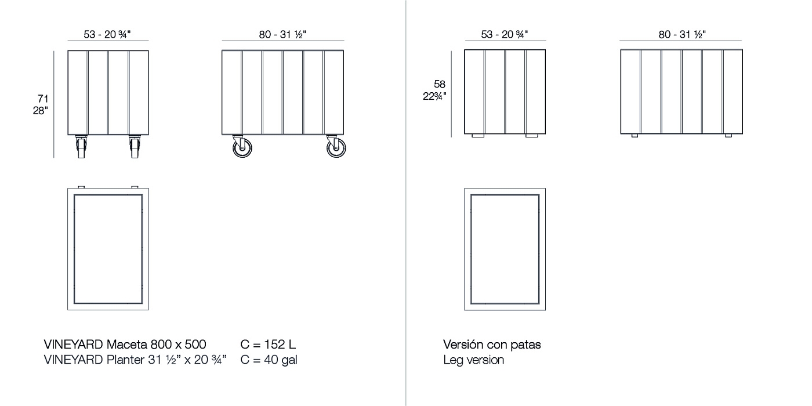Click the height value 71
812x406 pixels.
43,99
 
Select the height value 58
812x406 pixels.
440,85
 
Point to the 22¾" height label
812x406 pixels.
434,96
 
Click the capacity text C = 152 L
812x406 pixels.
268,345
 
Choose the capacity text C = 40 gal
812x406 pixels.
269,360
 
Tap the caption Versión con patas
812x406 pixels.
492,345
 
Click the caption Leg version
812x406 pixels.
473,360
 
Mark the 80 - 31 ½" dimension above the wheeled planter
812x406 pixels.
282,34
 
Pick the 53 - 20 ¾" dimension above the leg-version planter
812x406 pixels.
505,34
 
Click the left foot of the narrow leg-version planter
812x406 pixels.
478,136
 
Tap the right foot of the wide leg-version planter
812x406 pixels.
728,136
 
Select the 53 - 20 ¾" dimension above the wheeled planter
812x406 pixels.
107,34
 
